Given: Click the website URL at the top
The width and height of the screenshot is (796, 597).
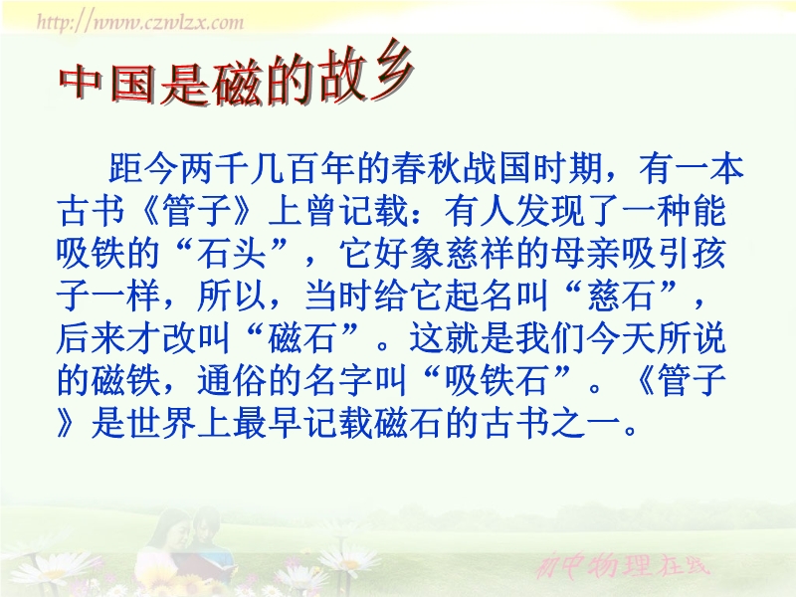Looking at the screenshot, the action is (140, 22).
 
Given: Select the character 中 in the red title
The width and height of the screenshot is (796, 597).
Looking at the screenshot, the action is (83, 82).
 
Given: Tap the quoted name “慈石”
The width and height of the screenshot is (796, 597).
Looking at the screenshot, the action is (618, 296).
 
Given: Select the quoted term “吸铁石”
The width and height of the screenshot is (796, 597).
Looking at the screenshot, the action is (497, 380).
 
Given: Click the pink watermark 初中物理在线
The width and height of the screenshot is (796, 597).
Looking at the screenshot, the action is (623, 564).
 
